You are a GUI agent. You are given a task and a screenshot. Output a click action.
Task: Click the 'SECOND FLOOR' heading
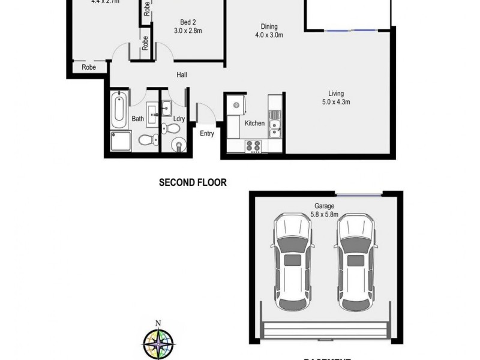point(193,182)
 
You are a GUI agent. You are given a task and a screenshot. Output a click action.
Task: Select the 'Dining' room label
point(269,26)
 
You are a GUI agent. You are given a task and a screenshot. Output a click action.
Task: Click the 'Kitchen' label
point(254,123)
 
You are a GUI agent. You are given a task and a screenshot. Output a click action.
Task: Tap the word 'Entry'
point(207,133)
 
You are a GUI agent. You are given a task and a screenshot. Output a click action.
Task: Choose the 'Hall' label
point(181,75)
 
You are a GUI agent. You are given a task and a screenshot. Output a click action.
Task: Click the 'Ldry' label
point(179,119)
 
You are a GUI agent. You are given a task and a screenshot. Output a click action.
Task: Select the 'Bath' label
point(137,119)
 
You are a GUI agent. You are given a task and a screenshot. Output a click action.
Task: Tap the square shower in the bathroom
point(120,142)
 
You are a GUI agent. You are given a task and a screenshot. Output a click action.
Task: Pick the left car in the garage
point(292,261)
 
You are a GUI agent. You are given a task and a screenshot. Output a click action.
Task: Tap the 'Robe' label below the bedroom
point(89,67)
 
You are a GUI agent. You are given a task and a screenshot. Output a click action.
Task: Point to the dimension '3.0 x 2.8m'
point(187,30)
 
